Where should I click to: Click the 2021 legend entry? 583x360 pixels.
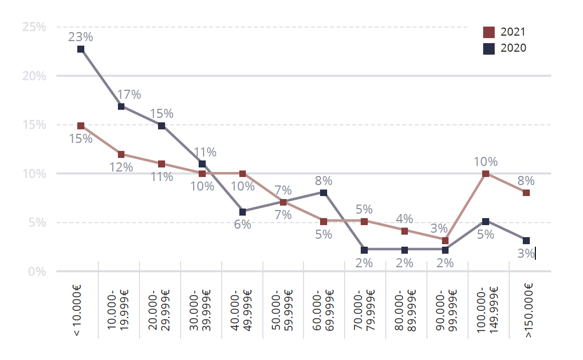504,32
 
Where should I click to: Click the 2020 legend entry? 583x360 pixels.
504,48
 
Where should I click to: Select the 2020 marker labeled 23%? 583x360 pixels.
81,49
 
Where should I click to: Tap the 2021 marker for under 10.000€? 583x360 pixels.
81,126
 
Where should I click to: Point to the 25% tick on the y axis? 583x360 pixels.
34,27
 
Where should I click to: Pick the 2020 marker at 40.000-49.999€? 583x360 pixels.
243,212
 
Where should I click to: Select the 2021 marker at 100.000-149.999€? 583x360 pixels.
486,174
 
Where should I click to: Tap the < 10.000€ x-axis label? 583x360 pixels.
77,310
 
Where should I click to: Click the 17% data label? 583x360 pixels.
129,94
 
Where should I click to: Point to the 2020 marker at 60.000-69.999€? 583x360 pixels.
324,193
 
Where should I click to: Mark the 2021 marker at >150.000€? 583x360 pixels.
526,193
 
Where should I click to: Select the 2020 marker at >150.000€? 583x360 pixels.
526,241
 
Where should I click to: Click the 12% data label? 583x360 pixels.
121,167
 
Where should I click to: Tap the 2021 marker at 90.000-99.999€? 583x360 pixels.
445,241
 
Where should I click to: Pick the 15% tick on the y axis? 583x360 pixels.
34,125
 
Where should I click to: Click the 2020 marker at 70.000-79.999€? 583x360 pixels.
364,250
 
